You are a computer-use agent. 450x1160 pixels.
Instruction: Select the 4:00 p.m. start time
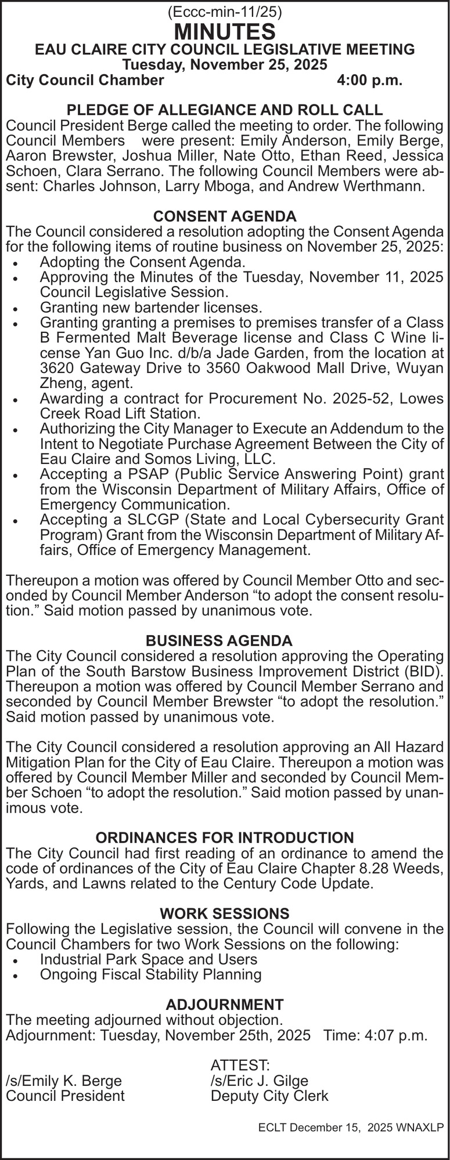(369, 81)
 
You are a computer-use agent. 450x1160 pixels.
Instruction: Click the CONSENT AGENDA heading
(225, 216)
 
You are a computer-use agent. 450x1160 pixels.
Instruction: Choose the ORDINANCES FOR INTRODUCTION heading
(224, 838)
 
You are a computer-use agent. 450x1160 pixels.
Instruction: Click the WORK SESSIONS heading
(224, 913)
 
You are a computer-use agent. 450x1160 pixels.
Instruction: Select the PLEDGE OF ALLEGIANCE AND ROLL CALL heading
(225, 110)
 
